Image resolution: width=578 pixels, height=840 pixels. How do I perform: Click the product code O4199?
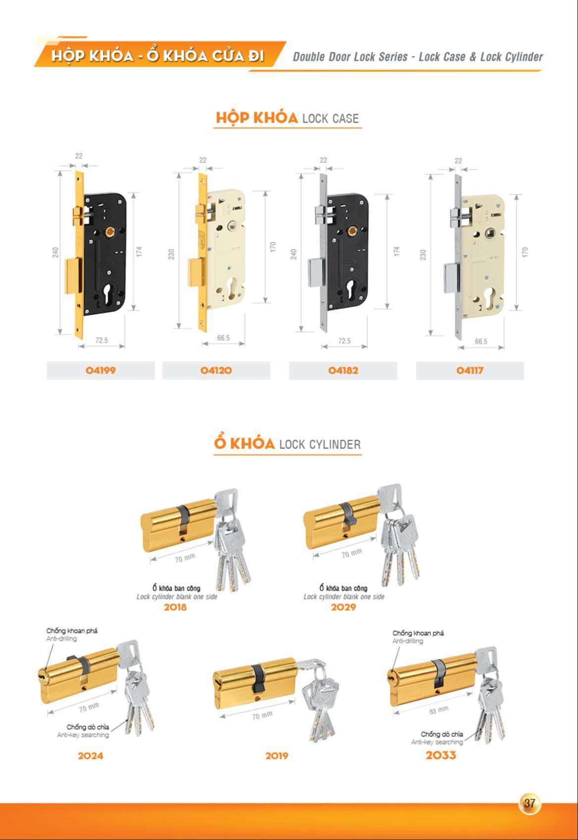click(x=101, y=371)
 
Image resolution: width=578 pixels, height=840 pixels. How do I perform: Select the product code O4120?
click(x=216, y=371)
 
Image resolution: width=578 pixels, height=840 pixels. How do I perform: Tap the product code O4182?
click(x=343, y=371)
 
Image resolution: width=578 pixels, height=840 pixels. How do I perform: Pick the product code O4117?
click(x=470, y=371)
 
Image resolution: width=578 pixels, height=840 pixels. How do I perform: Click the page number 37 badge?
click(x=529, y=803)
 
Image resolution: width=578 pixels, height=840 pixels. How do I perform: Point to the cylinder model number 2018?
click(x=175, y=607)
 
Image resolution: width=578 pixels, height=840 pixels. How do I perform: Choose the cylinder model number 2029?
click(x=343, y=607)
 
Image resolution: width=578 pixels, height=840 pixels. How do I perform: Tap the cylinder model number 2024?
click(x=90, y=756)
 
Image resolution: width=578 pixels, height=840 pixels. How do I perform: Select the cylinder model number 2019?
click(x=277, y=756)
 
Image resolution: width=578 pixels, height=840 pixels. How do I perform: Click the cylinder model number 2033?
click(x=441, y=755)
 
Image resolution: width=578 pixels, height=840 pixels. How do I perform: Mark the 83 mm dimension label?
click(x=438, y=710)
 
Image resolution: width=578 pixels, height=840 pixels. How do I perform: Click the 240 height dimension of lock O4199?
click(x=55, y=252)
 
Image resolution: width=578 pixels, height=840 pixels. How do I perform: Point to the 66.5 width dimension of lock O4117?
click(x=481, y=341)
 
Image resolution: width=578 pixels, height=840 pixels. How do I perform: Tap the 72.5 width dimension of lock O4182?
click(x=345, y=340)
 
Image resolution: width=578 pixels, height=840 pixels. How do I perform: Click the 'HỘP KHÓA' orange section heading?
click(x=257, y=118)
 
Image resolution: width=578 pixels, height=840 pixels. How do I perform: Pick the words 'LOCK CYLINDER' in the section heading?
click(x=320, y=445)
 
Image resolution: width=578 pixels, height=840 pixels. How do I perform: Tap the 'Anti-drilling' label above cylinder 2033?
click(x=408, y=641)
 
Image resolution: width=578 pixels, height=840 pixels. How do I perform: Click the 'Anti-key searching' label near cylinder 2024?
click(x=83, y=735)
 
